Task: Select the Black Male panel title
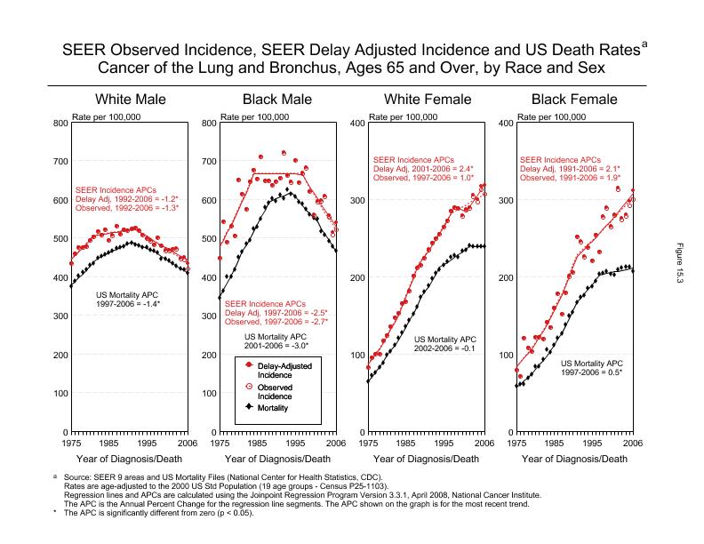pos(277,99)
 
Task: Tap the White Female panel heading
pos(426,99)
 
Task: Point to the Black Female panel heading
pos(574,99)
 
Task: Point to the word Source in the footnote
pos(79,477)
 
